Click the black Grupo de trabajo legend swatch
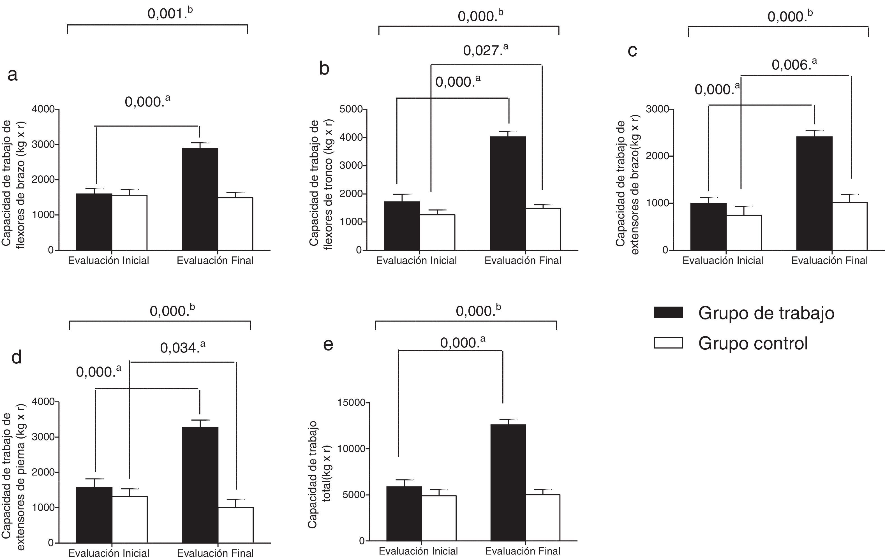coord(668,312)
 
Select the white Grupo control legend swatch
coord(668,343)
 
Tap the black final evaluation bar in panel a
coord(200,199)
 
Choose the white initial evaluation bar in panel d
coord(130,519)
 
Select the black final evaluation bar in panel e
coord(508,482)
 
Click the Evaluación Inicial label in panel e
coord(418,551)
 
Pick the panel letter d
coord(17,357)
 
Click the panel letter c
coord(632,50)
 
